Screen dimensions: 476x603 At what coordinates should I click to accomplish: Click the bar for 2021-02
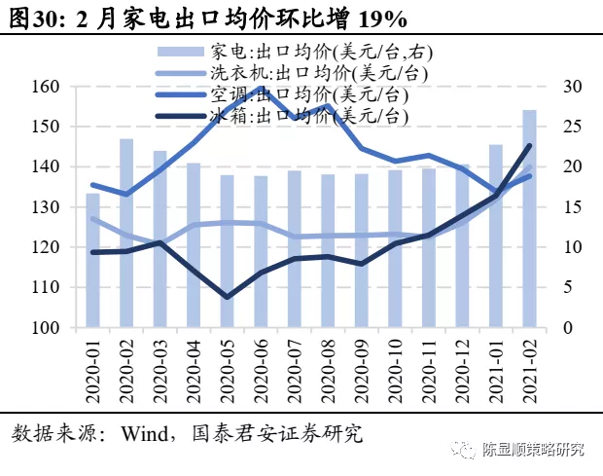(x=529, y=219)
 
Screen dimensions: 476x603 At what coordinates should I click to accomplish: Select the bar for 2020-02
(x=126, y=234)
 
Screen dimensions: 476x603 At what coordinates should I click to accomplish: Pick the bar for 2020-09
(x=362, y=251)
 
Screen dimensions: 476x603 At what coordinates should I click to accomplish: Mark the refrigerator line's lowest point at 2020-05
(x=228, y=297)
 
